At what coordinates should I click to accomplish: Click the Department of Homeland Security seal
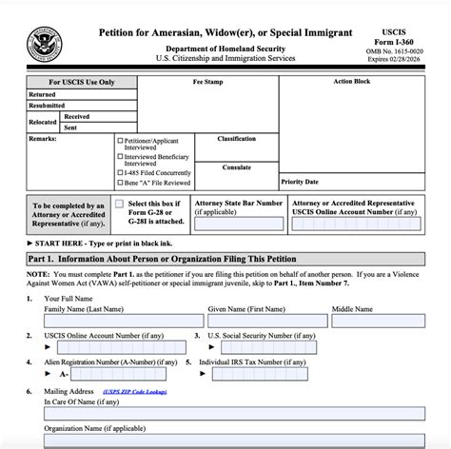coord(45,40)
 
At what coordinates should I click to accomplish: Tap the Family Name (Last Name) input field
coord(123,322)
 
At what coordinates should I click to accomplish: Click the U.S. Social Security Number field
coord(275,347)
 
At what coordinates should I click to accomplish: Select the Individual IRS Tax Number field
coord(275,374)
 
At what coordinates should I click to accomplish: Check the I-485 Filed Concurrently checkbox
coord(120,172)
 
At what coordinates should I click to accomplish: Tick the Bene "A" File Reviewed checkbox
coord(120,183)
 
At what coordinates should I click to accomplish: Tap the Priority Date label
coord(300,181)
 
